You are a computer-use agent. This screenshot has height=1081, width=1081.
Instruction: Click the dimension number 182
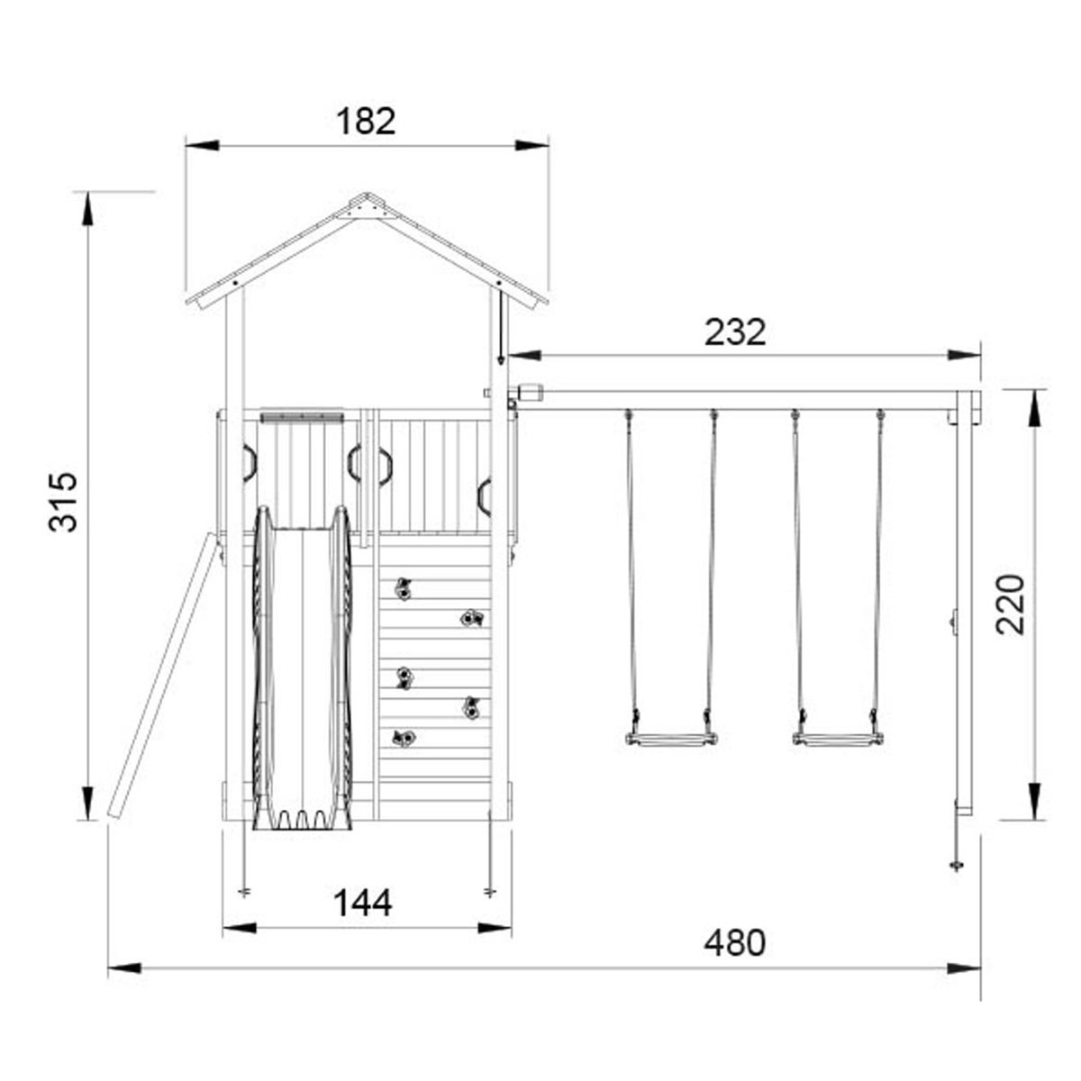pyautogui.click(x=366, y=121)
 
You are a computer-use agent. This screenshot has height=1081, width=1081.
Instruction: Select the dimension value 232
pyautogui.click(x=735, y=332)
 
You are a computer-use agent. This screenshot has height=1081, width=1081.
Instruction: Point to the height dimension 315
pyautogui.click(x=62, y=502)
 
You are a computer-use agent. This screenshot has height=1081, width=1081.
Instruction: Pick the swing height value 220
pyautogui.click(x=1011, y=604)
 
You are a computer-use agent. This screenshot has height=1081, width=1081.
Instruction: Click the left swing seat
pyautogui.click(x=671, y=740)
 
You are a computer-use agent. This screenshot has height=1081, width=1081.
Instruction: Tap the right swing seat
pyautogui.click(x=838, y=740)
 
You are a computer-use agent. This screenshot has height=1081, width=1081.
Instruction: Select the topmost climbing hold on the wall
pyautogui.click(x=403, y=589)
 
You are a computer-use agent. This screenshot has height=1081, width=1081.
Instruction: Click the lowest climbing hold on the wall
pyautogui.click(x=404, y=739)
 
